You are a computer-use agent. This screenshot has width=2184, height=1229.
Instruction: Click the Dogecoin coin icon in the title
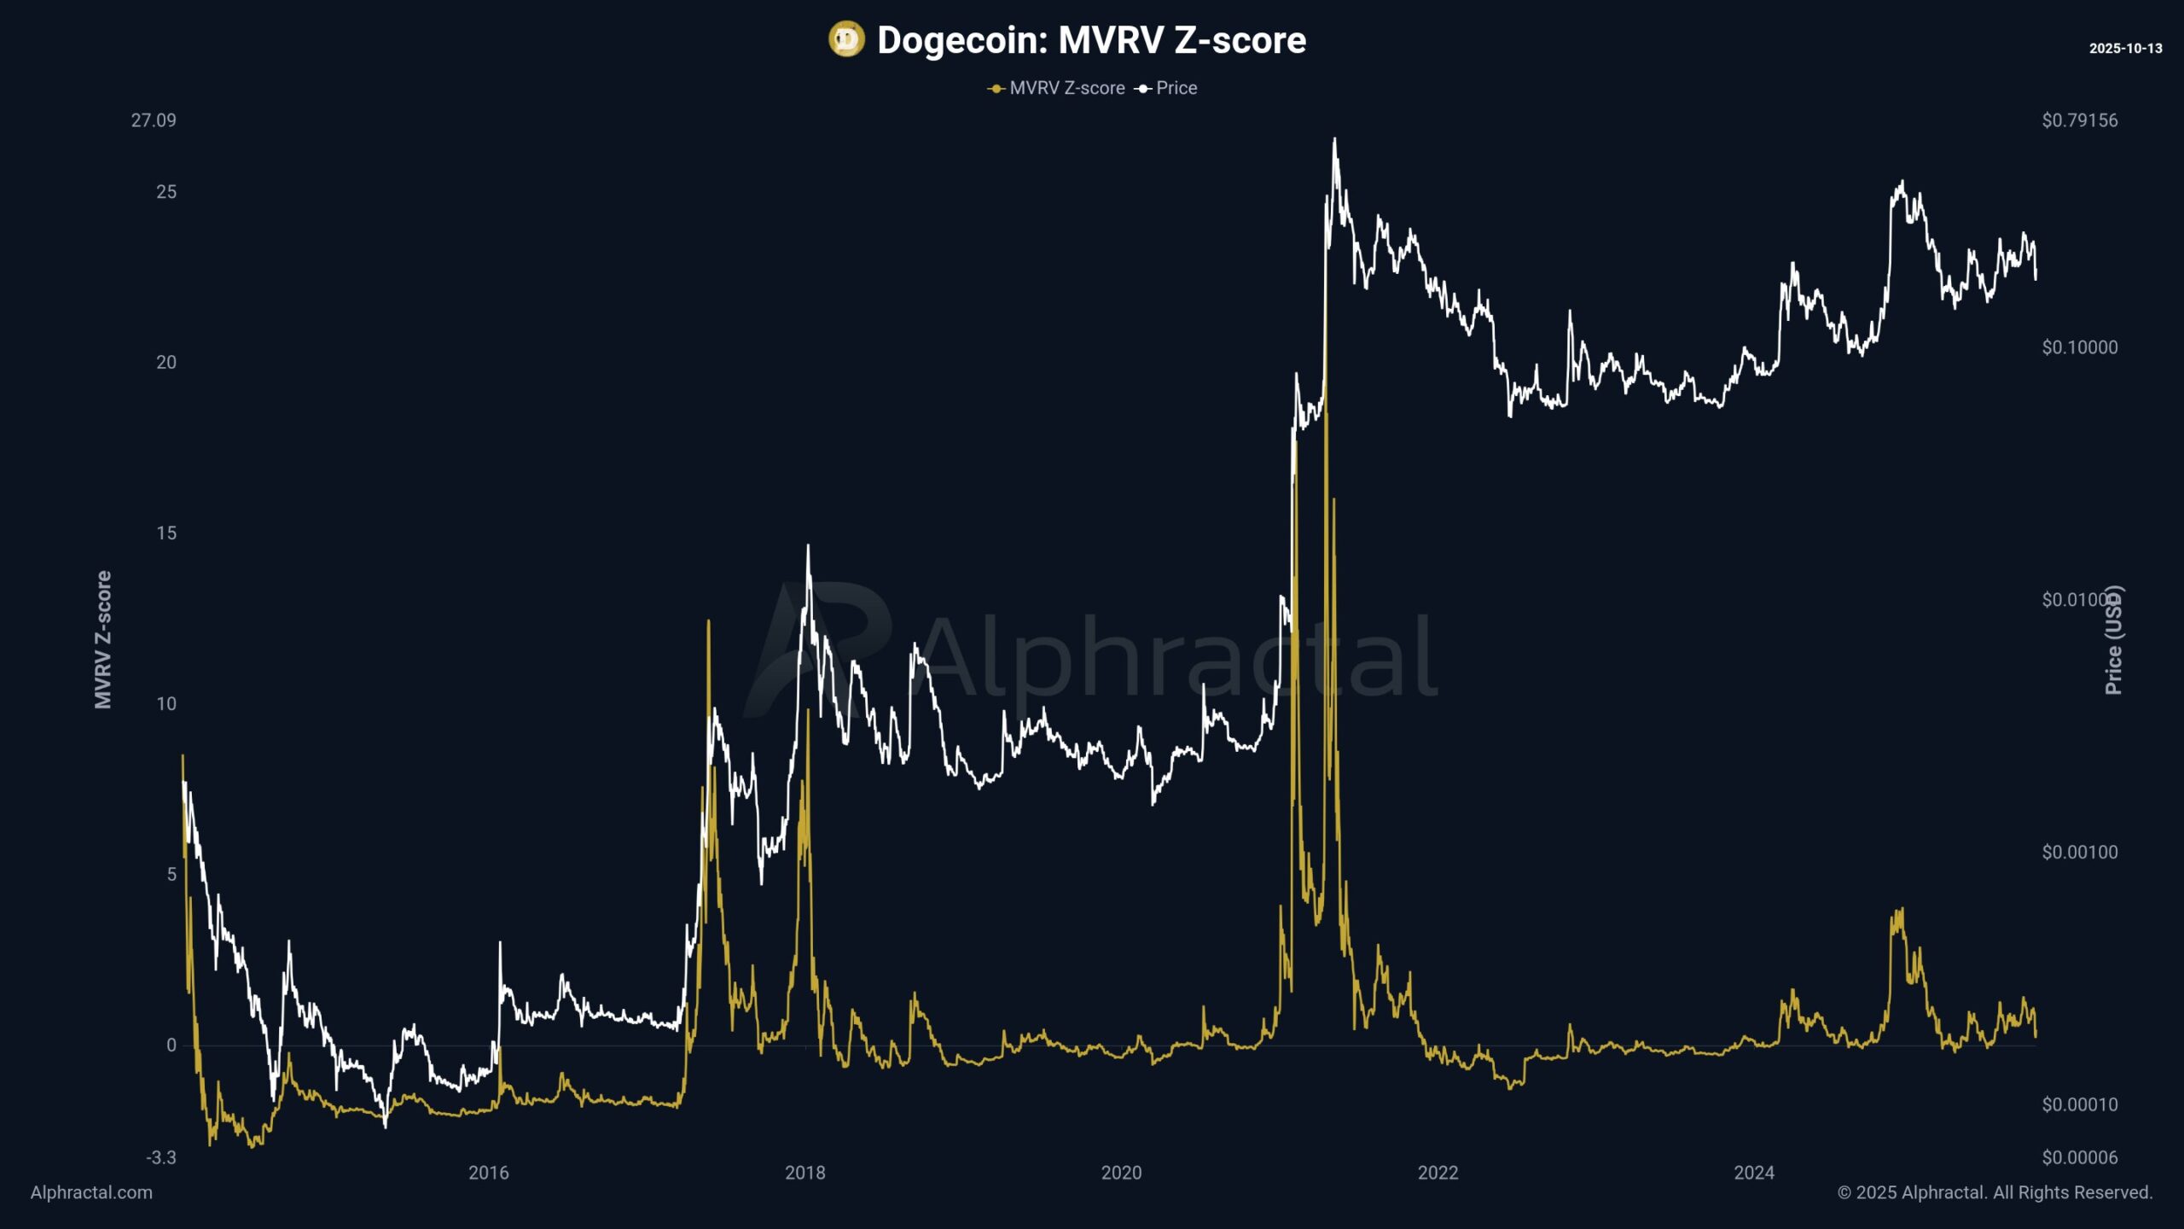pyautogui.click(x=846, y=39)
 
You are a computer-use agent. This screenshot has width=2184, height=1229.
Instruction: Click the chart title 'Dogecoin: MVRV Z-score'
pyautogui.click(x=1091, y=40)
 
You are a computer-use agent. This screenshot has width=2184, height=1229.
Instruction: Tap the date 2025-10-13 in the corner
pyautogui.click(x=2125, y=49)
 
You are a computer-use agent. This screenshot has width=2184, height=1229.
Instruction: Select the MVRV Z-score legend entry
pyautogui.click(x=1057, y=88)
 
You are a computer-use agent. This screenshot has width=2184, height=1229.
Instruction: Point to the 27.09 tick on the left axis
pyautogui.click(x=154, y=120)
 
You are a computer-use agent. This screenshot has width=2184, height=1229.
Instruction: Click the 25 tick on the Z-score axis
pyautogui.click(x=166, y=192)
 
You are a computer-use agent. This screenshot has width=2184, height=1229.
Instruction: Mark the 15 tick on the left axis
pyautogui.click(x=166, y=533)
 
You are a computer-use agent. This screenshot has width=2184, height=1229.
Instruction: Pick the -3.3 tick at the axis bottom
pyautogui.click(x=161, y=1158)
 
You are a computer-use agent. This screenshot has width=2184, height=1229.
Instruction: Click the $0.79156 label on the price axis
pyautogui.click(x=2079, y=120)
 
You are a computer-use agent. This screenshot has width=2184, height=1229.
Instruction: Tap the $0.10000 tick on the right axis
pyautogui.click(x=2079, y=347)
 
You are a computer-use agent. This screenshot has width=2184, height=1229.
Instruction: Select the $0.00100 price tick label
pyautogui.click(x=2079, y=852)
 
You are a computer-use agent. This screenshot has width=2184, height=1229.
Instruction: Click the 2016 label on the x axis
pyautogui.click(x=488, y=1173)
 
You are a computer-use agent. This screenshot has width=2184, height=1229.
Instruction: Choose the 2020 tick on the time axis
pyautogui.click(x=1121, y=1173)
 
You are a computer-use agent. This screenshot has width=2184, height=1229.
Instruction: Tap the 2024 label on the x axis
pyautogui.click(x=1754, y=1173)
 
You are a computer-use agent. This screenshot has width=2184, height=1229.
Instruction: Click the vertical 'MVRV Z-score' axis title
pyautogui.click(x=103, y=640)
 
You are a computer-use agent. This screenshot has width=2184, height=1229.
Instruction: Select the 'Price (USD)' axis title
pyautogui.click(x=2113, y=640)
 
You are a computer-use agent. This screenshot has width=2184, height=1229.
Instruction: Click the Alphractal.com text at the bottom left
pyautogui.click(x=91, y=1192)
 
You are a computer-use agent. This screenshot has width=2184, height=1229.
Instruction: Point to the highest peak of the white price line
pyautogui.click(x=1334, y=139)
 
